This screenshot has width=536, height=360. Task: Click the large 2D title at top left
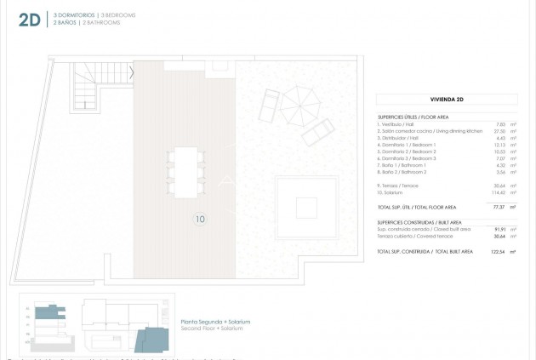[x=28, y=20]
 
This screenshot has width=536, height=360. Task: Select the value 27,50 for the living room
[x=500, y=131]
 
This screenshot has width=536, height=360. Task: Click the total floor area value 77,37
[x=499, y=207]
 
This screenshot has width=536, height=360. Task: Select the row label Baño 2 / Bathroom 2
[x=403, y=172]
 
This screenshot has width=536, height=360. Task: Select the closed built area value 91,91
[x=499, y=230]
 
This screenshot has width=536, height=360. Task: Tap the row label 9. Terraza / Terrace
[x=399, y=186]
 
